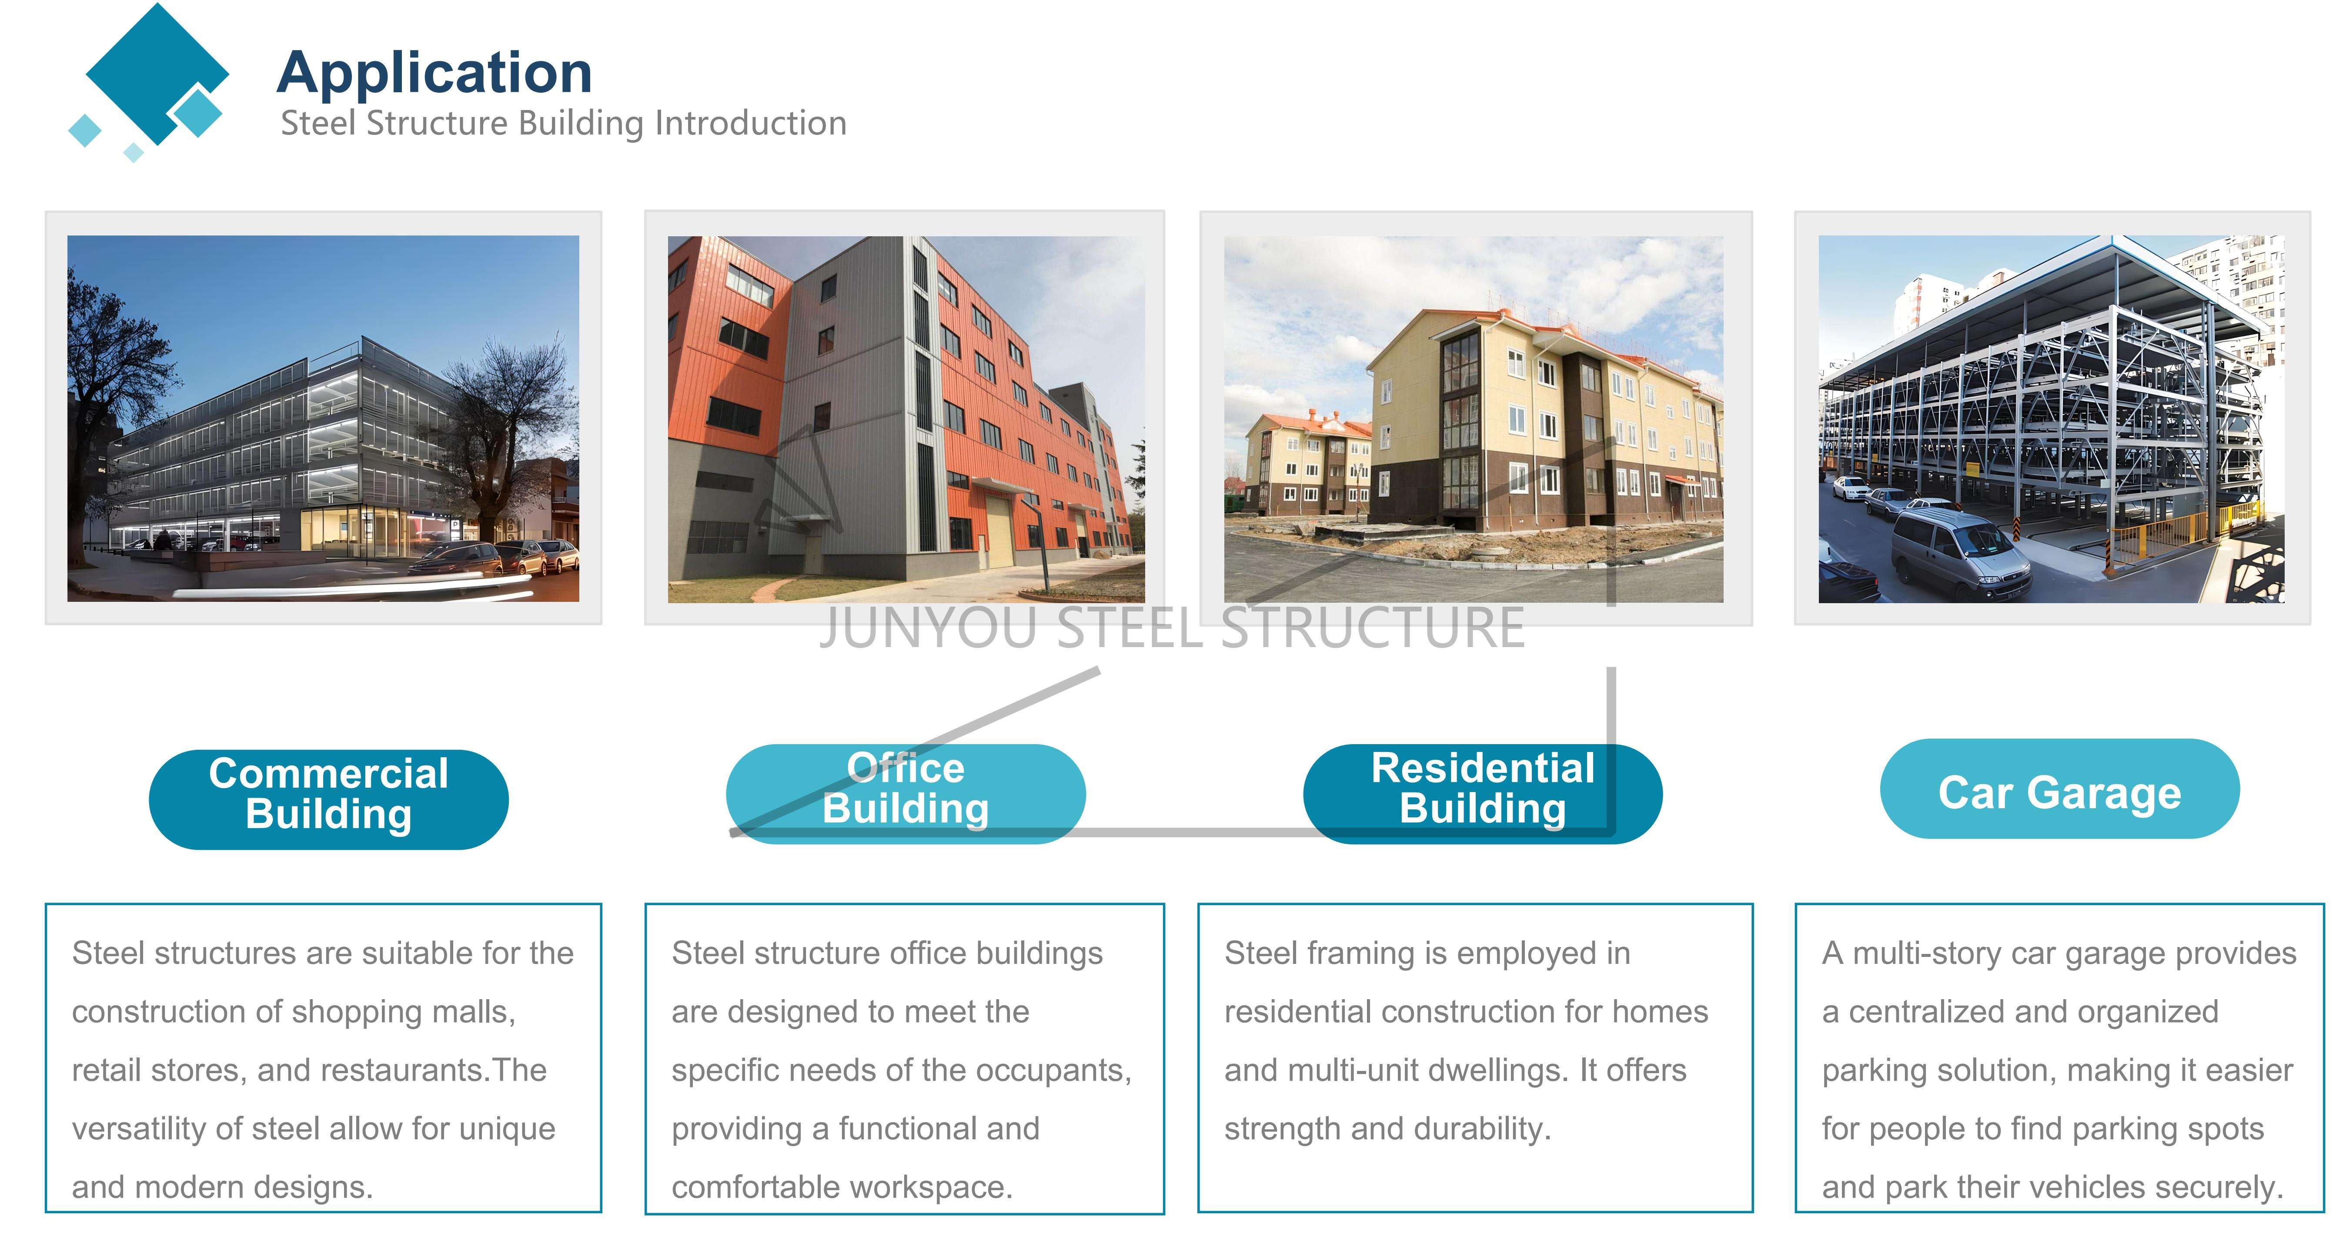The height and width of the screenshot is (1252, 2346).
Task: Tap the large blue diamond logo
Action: [157, 73]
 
